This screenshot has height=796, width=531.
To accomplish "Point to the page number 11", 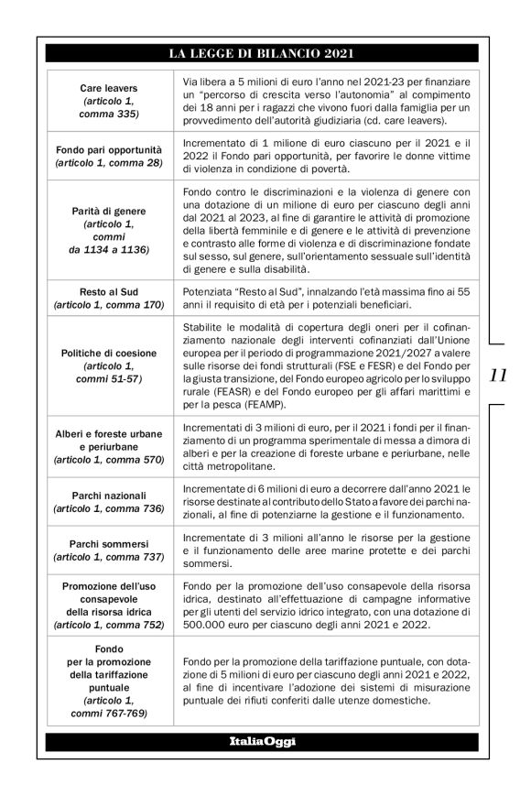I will [x=500, y=400].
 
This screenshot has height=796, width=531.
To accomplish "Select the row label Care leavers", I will [x=109, y=87].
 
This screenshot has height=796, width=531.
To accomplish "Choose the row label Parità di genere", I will [x=109, y=211].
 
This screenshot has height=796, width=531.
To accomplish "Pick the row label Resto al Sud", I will [x=109, y=290].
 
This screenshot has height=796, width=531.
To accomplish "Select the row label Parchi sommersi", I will [x=109, y=543].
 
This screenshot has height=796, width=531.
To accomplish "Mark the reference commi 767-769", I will [x=109, y=712].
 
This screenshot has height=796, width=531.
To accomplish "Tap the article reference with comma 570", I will [x=109, y=458].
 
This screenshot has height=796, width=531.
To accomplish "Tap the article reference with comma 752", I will [x=109, y=625].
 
